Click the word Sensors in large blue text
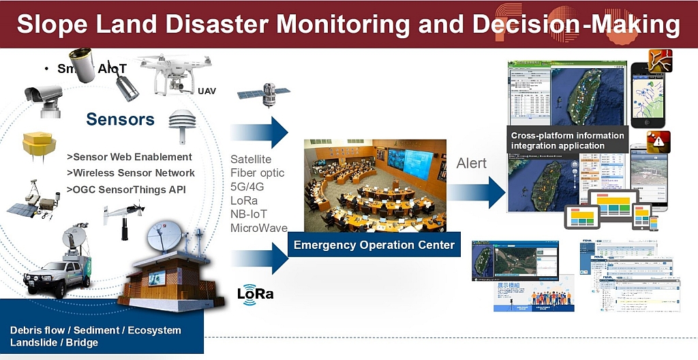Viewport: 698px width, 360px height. click(x=120, y=120)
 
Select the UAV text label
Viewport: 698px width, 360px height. click(x=207, y=91)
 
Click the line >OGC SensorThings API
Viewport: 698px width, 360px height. click(x=126, y=190)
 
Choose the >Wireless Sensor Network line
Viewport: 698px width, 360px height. click(x=131, y=173)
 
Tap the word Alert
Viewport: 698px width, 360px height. click(x=471, y=163)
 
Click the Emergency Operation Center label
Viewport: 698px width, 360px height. click(x=374, y=245)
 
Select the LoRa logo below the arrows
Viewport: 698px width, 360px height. click(x=255, y=294)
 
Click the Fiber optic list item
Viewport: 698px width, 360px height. click(x=257, y=173)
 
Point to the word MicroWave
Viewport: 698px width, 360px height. click(x=259, y=228)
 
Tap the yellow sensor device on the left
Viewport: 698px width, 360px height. click(x=39, y=145)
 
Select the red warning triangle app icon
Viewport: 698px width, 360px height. click(x=658, y=142)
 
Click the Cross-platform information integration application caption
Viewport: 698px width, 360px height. click(x=567, y=140)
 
